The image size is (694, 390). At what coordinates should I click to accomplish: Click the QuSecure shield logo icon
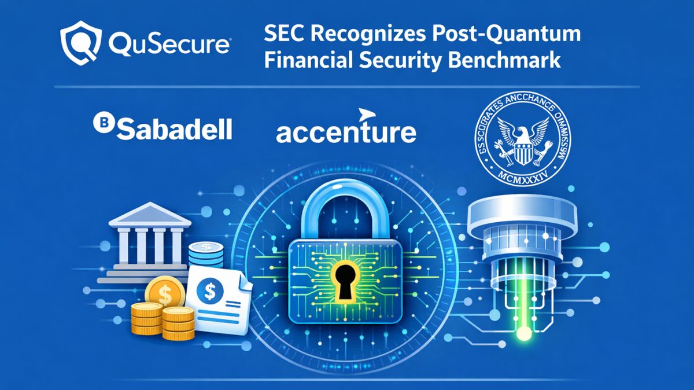tap(79, 41)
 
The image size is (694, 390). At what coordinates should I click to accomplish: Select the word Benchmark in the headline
tap(509, 60)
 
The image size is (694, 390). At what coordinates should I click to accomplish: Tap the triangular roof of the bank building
tap(150, 216)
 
